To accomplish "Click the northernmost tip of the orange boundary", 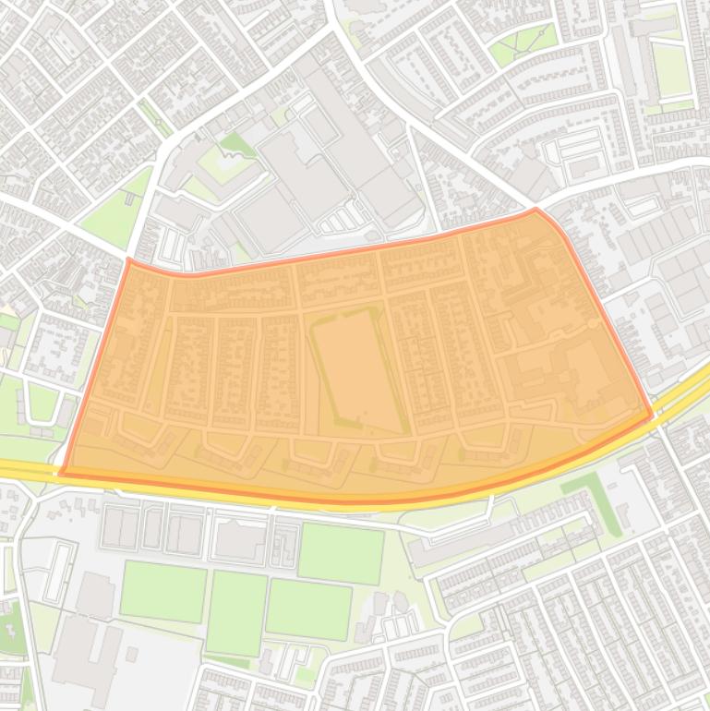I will (x=536, y=210).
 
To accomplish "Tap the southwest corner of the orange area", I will (x=62, y=474).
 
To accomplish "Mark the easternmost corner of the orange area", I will (x=652, y=415).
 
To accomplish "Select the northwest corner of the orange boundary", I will (x=128, y=260).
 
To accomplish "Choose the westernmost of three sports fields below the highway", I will (x=163, y=592).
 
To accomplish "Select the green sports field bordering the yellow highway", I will (x=340, y=553).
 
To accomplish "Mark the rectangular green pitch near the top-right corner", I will (x=671, y=70).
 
